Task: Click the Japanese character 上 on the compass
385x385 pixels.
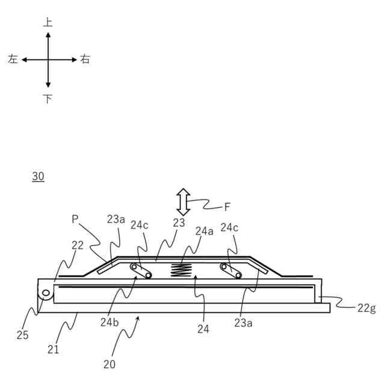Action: (48, 23)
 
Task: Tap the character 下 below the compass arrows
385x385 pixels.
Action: (48, 98)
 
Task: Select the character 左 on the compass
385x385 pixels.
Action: (13, 60)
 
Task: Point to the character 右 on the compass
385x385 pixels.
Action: (85, 60)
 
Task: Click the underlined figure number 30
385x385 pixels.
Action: (37, 176)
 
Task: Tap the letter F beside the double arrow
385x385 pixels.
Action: (227, 207)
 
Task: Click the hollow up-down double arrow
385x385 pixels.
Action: (183, 202)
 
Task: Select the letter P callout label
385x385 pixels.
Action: (75, 220)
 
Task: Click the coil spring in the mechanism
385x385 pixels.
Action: (181, 270)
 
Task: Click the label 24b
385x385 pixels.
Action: (109, 321)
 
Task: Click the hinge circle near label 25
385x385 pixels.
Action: (45, 293)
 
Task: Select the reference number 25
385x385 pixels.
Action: (22, 336)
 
